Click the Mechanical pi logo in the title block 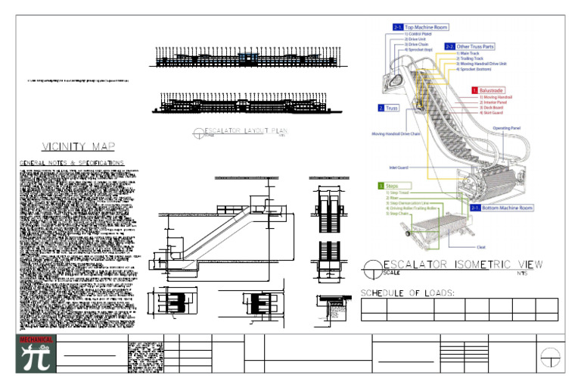(36, 354)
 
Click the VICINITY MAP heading (79, 146)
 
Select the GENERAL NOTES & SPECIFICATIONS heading (71, 163)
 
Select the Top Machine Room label (421, 27)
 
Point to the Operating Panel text (506, 128)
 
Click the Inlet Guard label (399, 167)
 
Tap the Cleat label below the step (481, 247)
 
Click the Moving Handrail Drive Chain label (396, 133)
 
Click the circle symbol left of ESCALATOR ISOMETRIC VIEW (371, 267)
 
